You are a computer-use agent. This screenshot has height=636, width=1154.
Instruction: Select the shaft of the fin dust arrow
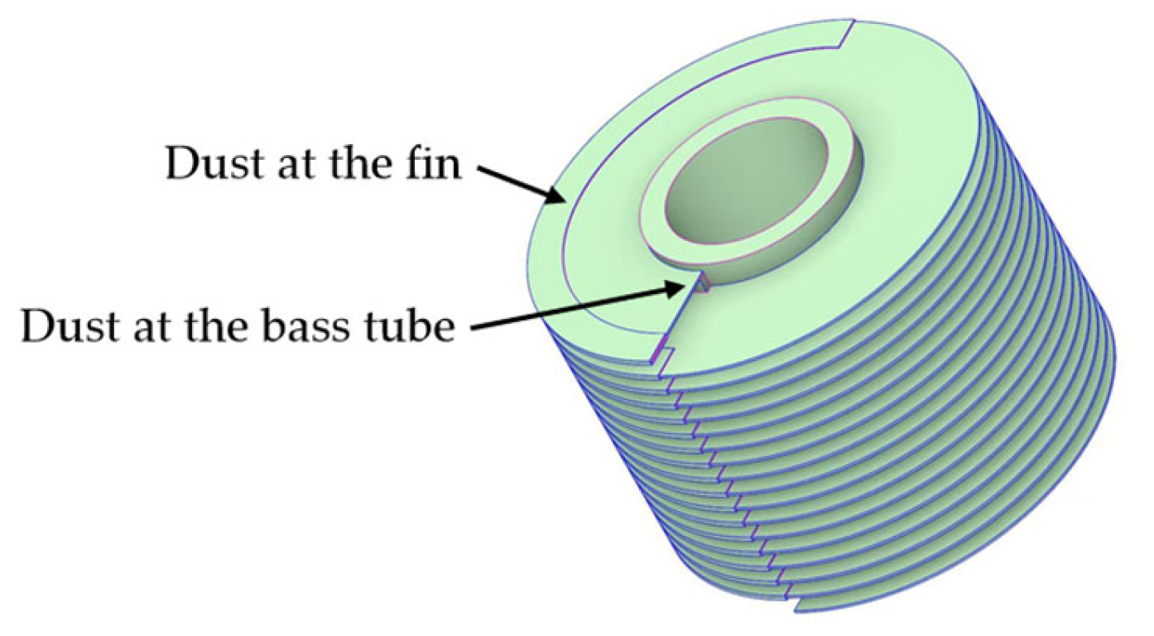(513, 178)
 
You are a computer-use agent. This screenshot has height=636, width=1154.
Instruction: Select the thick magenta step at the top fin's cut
(660, 354)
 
